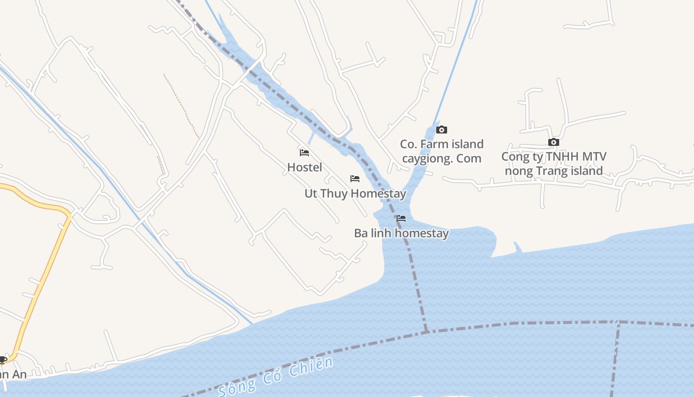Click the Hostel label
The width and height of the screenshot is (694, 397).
pos(304,167)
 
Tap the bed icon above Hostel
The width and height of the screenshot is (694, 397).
pos(304,152)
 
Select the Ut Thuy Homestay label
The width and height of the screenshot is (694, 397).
pos(355,194)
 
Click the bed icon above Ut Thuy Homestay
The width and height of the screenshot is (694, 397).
pos(355,178)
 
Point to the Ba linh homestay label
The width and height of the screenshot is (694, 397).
pos(401,233)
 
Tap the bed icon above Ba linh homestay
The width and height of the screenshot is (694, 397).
pos(401,218)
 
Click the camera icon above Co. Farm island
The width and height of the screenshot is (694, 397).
pos(441,130)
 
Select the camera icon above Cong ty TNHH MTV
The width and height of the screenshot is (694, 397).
pos(554,142)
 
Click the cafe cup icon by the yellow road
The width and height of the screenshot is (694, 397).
pos(2,360)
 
